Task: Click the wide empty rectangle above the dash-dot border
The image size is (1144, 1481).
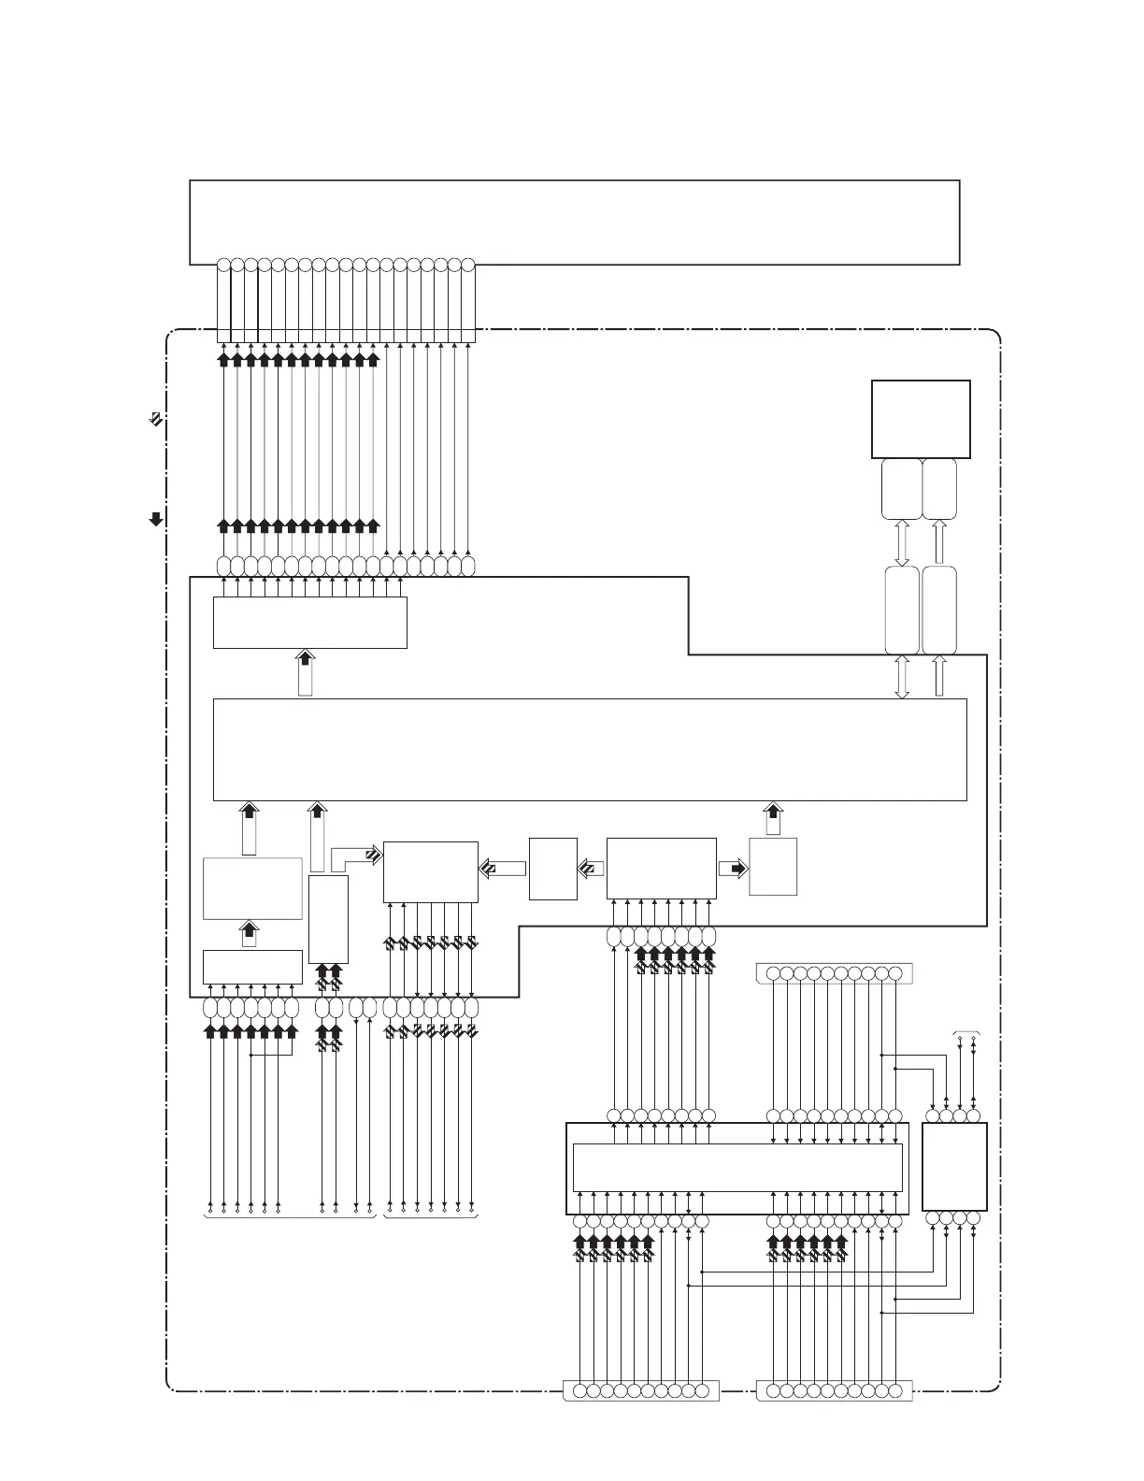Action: tap(574, 222)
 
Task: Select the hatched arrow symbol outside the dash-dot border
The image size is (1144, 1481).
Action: tap(156, 420)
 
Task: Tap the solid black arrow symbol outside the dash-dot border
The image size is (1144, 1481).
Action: tap(156, 518)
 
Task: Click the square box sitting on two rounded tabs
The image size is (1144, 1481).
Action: tap(920, 418)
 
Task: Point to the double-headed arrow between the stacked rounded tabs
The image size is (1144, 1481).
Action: tap(902, 542)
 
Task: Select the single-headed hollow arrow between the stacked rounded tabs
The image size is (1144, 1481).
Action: tap(939, 542)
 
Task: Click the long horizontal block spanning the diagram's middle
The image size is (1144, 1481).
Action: tap(589, 749)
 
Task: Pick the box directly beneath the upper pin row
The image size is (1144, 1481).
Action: tap(309, 622)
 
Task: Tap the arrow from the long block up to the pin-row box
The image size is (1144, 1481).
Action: tap(306, 674)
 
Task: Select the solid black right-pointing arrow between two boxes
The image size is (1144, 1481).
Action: tap(734, 868)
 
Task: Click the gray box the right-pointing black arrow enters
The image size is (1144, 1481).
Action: tap(773, 867)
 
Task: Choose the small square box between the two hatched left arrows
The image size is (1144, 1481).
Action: tap(552, 869)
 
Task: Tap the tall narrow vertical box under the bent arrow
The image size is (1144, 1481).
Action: tap(328, 919)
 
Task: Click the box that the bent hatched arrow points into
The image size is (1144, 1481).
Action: tap(430, 871)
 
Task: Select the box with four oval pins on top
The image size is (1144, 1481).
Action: tap(954, 1166)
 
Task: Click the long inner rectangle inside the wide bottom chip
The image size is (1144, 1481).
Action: tap(736, 1167)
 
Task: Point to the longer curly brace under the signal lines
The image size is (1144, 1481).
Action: tap(290, 1216)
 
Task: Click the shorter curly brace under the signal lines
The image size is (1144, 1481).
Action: tap(431, 1216)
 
